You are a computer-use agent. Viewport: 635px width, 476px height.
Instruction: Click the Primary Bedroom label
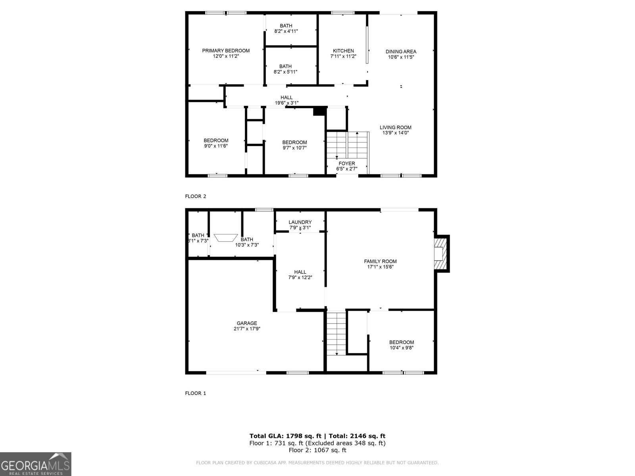pos(226,51)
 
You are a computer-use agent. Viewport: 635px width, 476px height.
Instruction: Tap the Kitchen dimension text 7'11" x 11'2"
pos(343,56)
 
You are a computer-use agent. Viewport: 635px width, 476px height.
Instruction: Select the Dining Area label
pos(401,52)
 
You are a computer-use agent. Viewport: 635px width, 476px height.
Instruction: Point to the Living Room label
pos(395,127)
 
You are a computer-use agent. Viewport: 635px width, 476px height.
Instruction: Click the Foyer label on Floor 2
pos(346,163)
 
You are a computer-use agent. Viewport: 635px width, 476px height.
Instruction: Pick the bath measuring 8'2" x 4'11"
pos(286,29)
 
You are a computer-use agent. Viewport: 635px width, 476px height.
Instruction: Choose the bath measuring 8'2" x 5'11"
pos(285,69)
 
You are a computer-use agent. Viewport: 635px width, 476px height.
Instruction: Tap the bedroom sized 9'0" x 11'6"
pos(216,143)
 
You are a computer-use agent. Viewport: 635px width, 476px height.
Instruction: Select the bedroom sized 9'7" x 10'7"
pos(294,145)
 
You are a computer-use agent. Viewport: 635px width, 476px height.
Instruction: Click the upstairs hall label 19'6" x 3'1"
pos(287,100)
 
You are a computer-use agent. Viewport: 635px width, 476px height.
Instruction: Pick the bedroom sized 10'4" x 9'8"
pos(401,345)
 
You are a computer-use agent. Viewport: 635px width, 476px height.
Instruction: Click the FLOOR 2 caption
pos(196,196)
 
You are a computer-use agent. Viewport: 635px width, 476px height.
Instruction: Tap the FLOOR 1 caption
pos(196,393)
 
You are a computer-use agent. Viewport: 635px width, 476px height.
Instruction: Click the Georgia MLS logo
pos(36,464)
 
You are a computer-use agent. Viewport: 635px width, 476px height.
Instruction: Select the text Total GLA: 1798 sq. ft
pos(286,436)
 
